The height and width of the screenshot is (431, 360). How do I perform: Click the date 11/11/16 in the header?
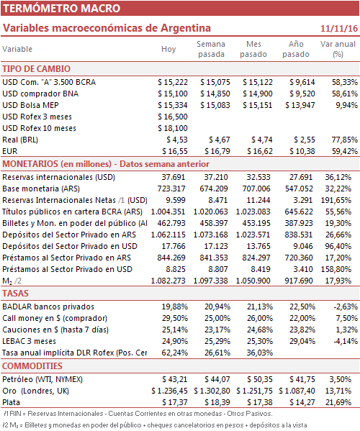[x=339, y=28]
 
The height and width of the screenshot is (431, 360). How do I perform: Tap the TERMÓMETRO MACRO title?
[x=62, y=8]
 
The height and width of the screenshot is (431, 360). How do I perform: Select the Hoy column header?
[x=168, y=49]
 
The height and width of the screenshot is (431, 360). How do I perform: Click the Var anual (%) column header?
[x=338, y=49]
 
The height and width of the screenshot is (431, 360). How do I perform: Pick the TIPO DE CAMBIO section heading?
[x=36, y=69]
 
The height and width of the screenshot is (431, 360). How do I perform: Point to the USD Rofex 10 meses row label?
[x=40, y=128]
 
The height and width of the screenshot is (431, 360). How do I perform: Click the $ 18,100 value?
[x=173, y=128]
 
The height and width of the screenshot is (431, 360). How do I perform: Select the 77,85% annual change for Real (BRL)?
[x=345, y=140]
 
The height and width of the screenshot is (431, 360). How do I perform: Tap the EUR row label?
[x=10, y=151]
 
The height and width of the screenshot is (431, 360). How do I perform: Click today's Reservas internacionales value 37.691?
[x=174, y=177]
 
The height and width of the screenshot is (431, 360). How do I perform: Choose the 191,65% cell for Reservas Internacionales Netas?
[x=336, y=200]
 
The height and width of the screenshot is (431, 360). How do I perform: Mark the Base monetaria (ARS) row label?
[x=41, y=189]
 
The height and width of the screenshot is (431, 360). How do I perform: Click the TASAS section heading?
[x=15, y=294]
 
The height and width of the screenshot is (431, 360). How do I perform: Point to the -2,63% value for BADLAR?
[x=346, y=307]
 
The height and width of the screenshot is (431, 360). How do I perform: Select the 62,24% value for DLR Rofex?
[x=175, y=353]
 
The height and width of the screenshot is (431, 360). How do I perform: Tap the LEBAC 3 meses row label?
[x=29, y=341]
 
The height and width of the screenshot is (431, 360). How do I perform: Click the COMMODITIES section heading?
[x=32, y=366]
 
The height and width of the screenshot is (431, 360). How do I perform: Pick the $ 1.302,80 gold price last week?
[x=212, y=391]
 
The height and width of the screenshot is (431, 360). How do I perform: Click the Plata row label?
[x=12, y=402]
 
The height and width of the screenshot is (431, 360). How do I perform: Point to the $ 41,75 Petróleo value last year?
[x=302, y=379]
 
